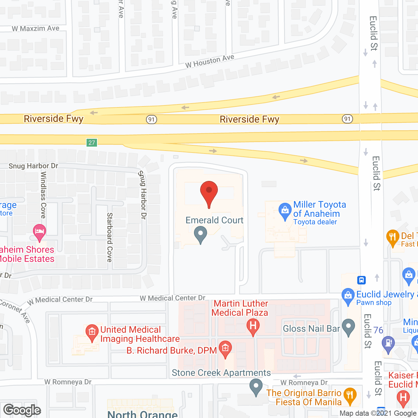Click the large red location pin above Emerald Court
point(209,193)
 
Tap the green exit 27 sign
point(92,143)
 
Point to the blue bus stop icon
point(361,280)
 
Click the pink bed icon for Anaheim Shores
point(40,232)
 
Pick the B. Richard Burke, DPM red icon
point(225,348)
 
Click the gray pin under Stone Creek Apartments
point(256,387)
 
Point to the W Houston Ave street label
point(210,61)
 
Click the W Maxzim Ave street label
point(36,29)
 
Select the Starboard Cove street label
point(110,237)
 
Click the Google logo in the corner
point(22,410)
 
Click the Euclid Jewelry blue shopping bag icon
point(348,296)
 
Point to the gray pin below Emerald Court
point(201,235)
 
